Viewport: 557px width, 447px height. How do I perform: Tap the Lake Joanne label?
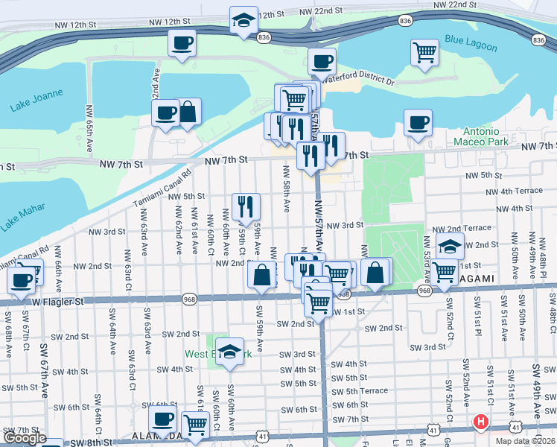[36, 101]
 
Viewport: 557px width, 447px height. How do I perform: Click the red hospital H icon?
[481, 422]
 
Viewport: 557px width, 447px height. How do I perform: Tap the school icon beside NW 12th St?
[244, 20]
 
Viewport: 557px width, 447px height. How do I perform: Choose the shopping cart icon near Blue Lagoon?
[424, 53]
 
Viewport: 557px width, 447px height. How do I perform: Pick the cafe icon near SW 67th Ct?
[22, 280]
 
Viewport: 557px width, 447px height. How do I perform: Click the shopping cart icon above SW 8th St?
[196, 425]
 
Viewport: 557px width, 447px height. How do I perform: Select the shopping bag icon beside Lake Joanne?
[188, 112]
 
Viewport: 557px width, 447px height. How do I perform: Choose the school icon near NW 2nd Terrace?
[450, 246]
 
